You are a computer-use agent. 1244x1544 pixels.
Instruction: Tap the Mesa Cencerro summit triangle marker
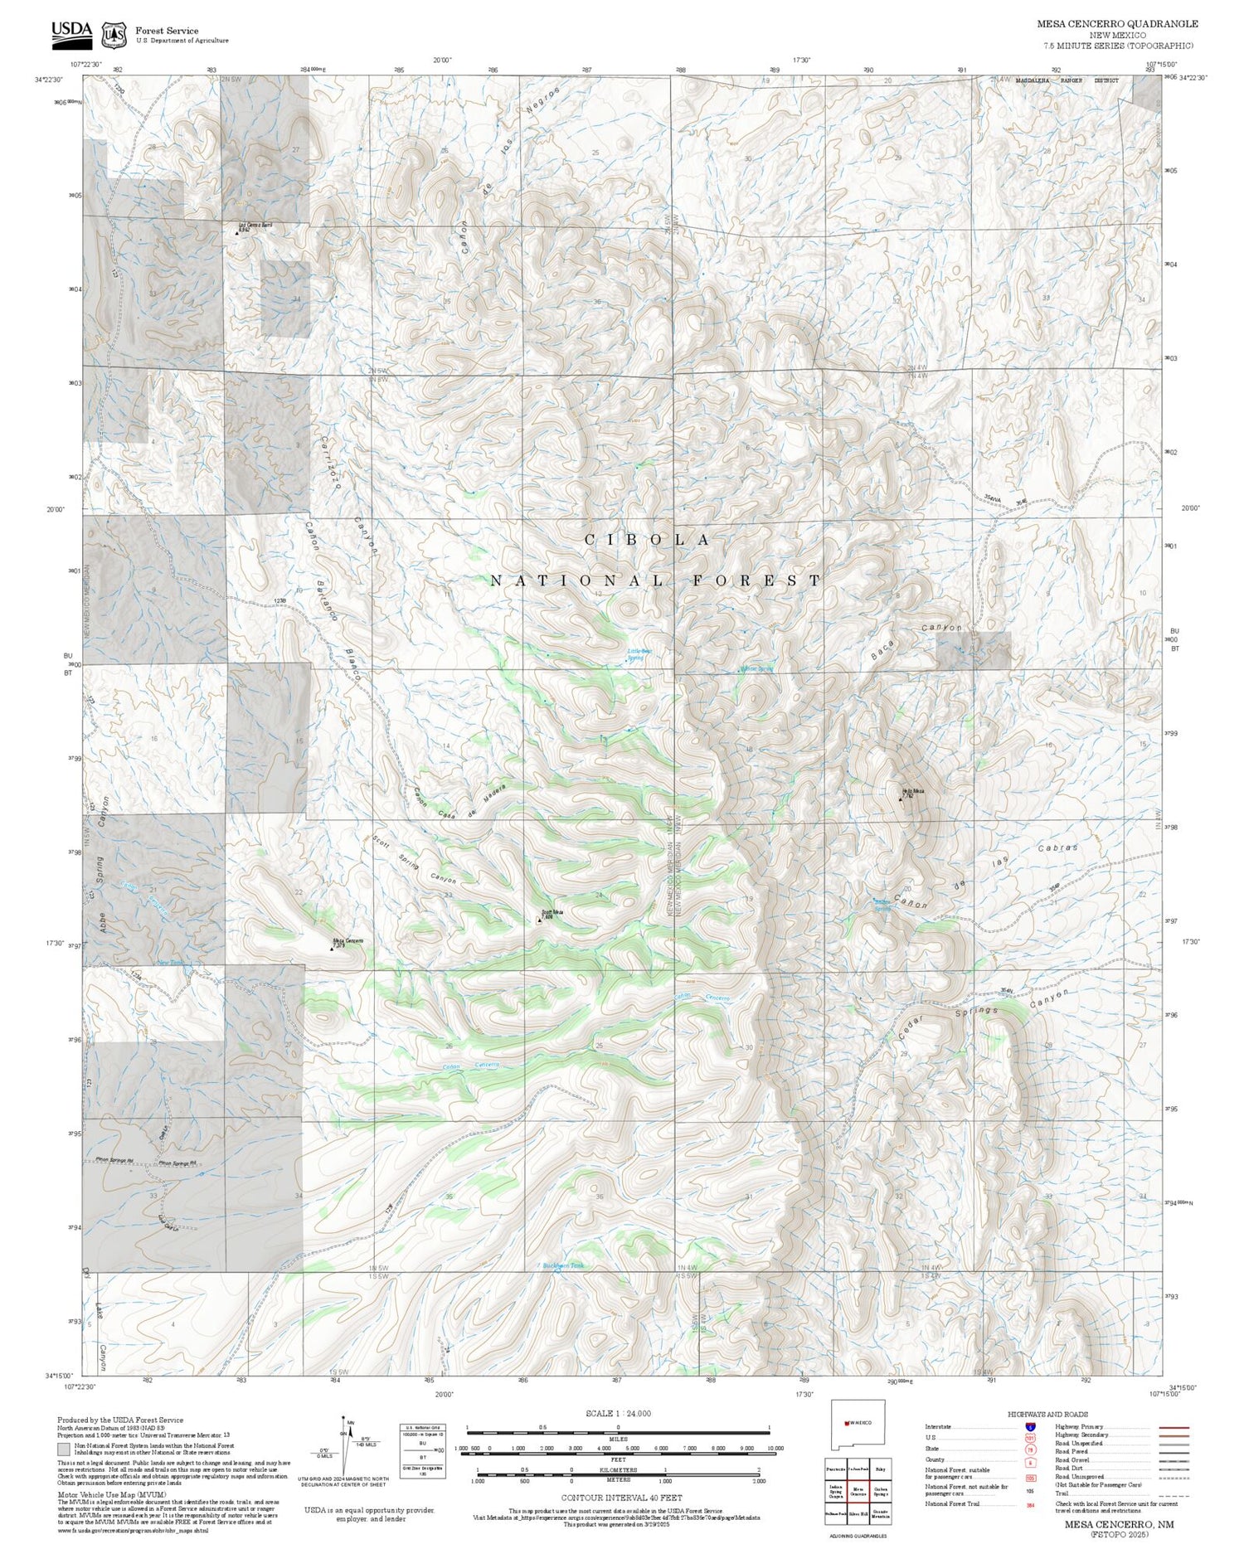coord(333,948)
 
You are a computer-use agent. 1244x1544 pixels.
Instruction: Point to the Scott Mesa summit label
coord(552,912)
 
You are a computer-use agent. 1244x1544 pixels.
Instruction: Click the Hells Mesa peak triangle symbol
coord(901,799)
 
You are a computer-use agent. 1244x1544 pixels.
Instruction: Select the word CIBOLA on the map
coord(648,540)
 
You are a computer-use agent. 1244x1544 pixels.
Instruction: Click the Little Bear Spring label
coord(639,654)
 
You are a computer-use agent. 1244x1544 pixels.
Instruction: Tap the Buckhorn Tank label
coord(563,1265)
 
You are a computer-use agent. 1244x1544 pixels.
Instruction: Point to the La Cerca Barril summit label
coord(255,226)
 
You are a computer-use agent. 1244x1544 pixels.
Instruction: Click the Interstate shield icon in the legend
coord(1030,1426)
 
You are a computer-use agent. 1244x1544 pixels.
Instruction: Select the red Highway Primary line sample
coord(1169,1428)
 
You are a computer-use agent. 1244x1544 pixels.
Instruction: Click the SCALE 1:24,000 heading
coord(618,1414)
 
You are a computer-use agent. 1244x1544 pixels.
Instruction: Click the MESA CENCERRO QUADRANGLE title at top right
coord(1117,24)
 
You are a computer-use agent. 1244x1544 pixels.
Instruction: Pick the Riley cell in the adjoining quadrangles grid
coord(882,1468)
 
